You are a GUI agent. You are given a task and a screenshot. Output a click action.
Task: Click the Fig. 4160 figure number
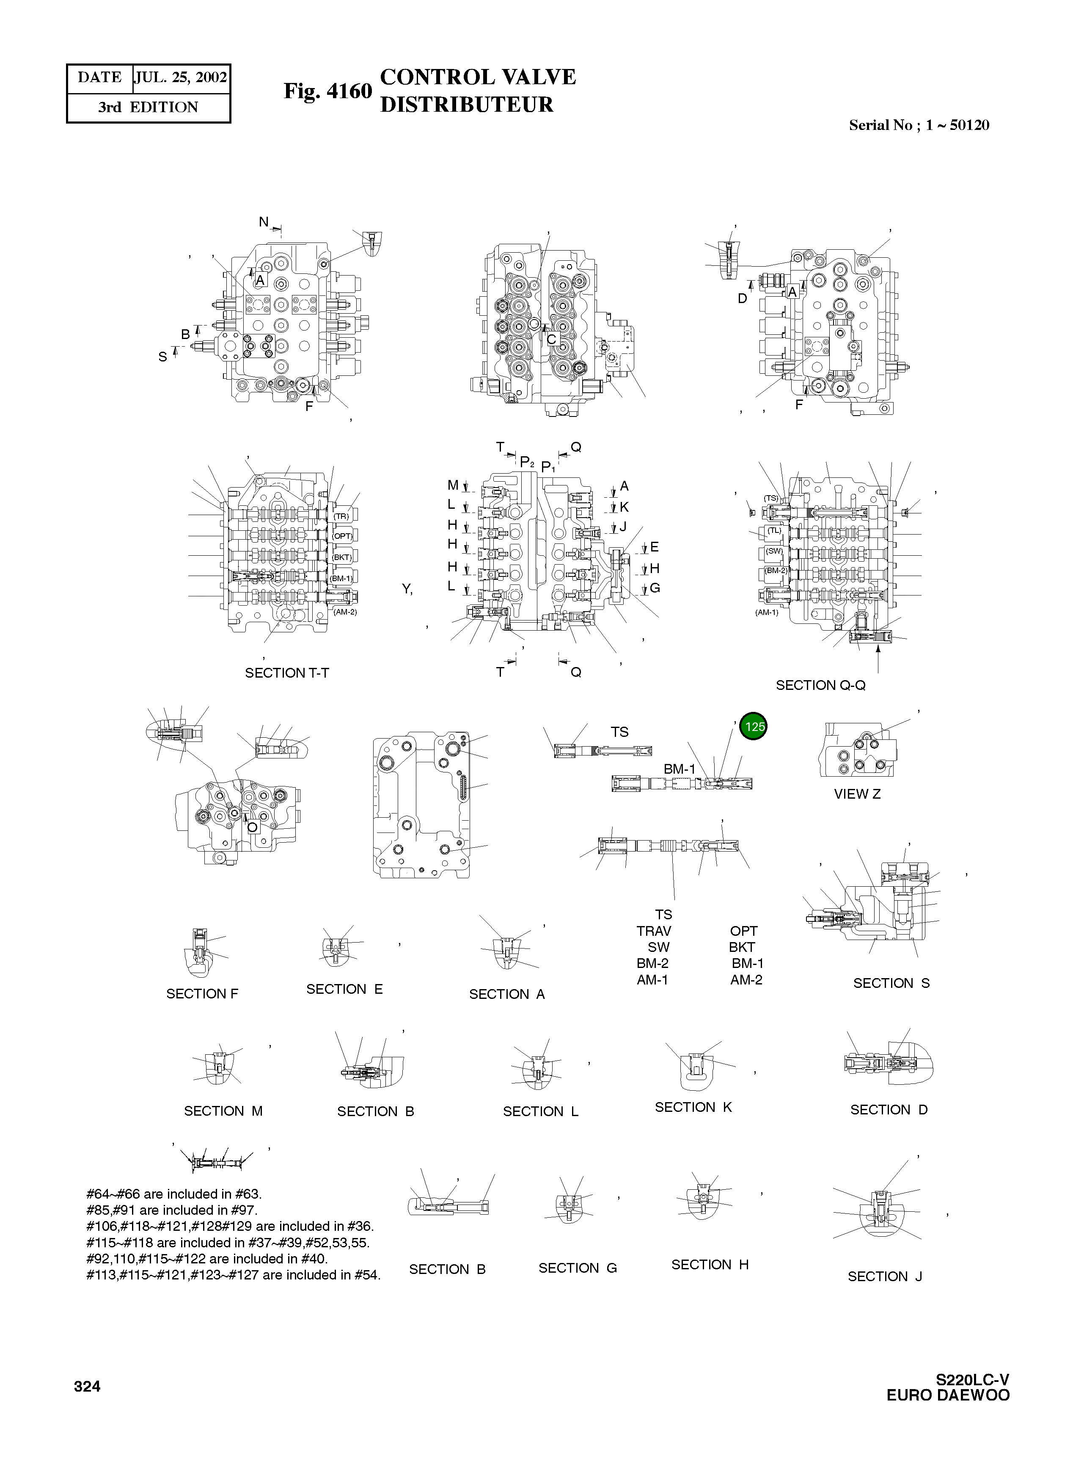tap(327, 91)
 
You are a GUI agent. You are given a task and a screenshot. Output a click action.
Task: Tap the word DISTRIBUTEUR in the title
tap(466, 105)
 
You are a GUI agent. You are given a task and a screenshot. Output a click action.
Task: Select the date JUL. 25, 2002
tap(181, 78)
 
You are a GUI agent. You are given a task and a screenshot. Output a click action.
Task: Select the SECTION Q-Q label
tap(820, 685)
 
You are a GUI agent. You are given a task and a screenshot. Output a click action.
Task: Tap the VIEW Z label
tap(857, 794)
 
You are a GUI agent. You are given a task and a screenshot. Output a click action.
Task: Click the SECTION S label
tap(891, 983)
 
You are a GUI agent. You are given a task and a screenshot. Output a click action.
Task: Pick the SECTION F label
tap(202, 993)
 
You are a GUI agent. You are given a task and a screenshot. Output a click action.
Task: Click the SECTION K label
tap(693, 1107)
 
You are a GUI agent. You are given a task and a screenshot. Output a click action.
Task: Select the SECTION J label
tap(885, 1276)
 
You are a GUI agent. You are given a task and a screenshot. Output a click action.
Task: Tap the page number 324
tap(87, 1387)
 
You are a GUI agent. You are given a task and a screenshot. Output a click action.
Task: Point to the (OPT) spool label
tap(342, 537)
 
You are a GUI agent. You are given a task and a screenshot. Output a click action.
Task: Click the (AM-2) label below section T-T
tap(345, 612)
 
